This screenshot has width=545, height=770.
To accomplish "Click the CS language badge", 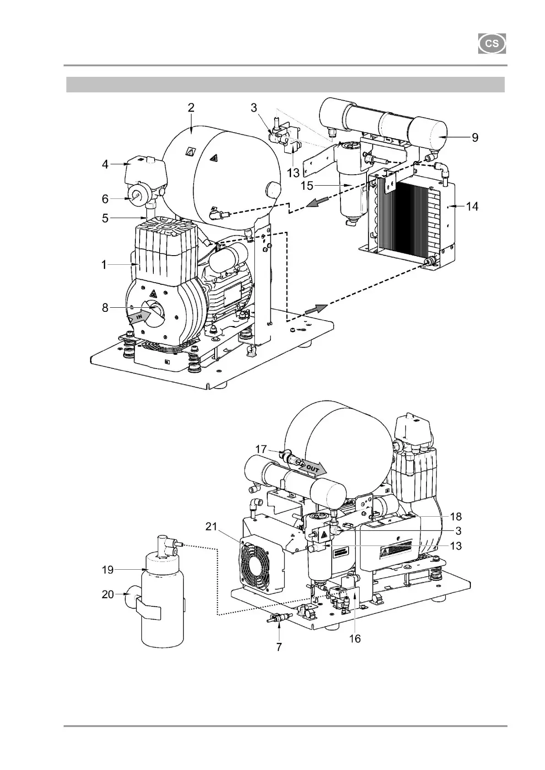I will [492, 44].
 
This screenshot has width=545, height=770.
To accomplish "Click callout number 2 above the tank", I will [191, 108].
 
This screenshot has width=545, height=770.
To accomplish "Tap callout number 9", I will [475, 138].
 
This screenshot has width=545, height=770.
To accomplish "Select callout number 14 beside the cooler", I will [472, 207].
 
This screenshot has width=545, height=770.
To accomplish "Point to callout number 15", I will [307, 185].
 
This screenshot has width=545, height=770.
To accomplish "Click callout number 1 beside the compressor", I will [105, 265].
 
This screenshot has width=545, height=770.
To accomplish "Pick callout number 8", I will [106, 308].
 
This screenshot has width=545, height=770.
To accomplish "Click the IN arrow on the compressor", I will [139, 316].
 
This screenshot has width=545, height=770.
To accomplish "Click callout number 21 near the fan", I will [211, 527].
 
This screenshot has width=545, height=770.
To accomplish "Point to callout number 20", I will [108, 595].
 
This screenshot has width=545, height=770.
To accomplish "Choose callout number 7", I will [279, 647].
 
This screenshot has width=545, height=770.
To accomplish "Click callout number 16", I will [355, 638].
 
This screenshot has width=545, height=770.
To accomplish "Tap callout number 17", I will [261, 449].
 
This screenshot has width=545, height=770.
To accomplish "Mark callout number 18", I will [456, 517].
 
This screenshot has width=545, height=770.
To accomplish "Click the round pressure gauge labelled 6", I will [137, 197].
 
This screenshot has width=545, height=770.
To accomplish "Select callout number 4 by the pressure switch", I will [106, 164].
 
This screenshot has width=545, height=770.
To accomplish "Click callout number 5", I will [106, 219].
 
